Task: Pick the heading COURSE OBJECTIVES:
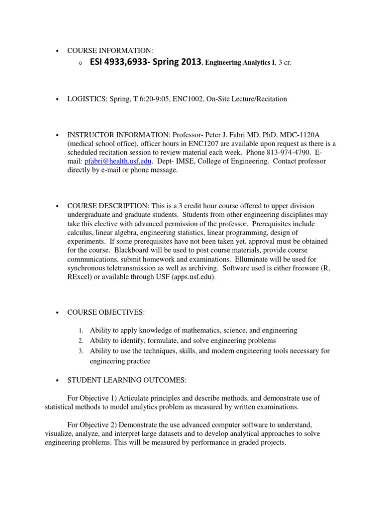point(106,312)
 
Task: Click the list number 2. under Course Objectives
point(81,341)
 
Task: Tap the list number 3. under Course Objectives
point(81,351)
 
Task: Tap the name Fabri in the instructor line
point(233,135)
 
